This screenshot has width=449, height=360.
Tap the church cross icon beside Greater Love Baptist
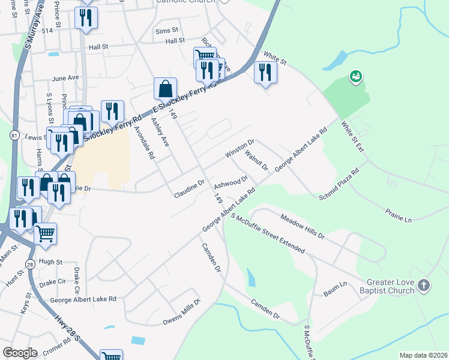pyautogui.click(x=424, y=286)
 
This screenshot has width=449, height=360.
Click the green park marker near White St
pyautogui.click(x=355, y=76)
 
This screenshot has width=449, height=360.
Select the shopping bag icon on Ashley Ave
pyautogui.click(x=165, y=89)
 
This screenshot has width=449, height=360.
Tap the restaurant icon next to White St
pyautogui.click(x=265, y=73)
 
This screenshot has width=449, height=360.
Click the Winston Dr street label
pyautogui.click(x=240, y=149)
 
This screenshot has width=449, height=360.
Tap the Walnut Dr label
pyautogui.click(x=256, y=160)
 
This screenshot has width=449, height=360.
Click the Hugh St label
pyautogui.click(x=50, y=262)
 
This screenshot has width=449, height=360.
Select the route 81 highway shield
pyautogui.click(x=14, y=137)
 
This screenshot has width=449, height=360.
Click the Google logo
pyautogui.click(x=20, y=353)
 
